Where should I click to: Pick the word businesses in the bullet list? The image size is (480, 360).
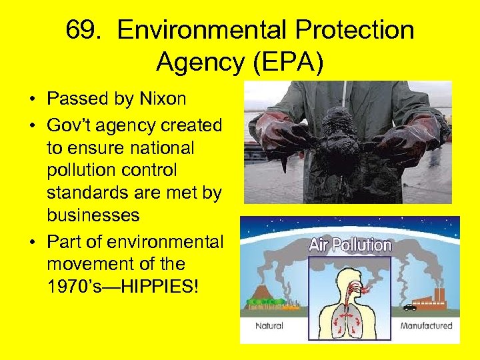[x=93, y=215]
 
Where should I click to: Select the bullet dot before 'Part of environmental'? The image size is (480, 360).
[x=32, y=240]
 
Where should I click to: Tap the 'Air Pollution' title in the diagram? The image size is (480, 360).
[x=350, y=245]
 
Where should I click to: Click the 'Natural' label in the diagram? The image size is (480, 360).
[x=269, y=326]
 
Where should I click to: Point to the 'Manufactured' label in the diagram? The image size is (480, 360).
[x=426, y=326]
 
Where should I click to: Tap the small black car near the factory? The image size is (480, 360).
[x=409, y=307]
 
